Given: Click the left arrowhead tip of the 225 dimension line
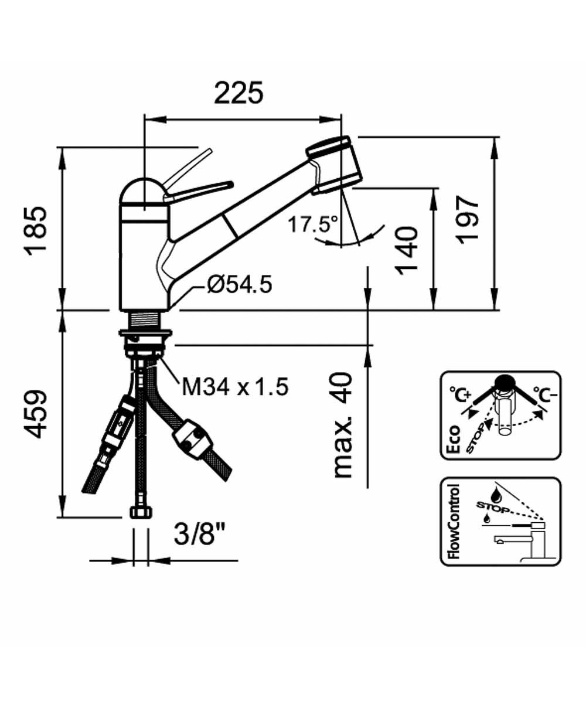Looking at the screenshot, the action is (145, 119).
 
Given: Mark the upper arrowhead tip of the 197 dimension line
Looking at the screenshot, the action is (495, 137).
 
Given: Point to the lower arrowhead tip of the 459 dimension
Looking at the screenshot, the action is (62, 518).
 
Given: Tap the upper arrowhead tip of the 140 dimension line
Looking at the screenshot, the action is (434, 188).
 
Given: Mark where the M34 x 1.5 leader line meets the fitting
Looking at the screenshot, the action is (159, 357).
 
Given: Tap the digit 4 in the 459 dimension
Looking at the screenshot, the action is (35, 428).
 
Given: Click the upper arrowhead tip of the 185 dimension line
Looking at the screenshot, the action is (62, 148).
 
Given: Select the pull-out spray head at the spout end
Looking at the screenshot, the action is (335, 165).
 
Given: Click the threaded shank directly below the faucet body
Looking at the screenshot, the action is (145, 320).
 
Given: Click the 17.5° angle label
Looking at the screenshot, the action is (313, 224).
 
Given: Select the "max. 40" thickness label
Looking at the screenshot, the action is (343, 425).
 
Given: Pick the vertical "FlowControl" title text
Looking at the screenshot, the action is (454, 521).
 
